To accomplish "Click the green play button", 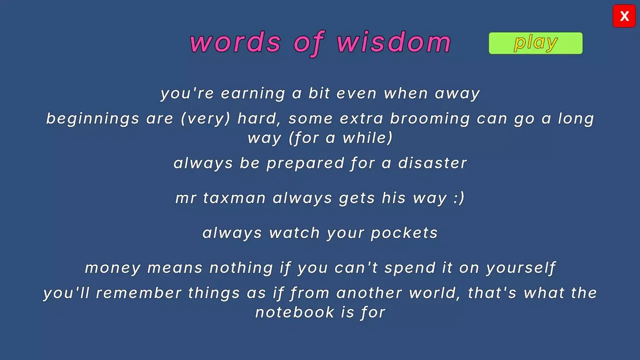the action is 535,43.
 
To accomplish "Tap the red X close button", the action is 624,16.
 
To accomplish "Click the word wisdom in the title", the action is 393,42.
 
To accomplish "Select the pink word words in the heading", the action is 235,42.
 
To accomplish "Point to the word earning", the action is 253,94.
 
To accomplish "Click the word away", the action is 457,94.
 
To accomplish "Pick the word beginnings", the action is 92,119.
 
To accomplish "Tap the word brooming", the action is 429,119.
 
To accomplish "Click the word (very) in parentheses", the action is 205,119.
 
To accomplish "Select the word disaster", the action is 432,163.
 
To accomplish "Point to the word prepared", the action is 305,163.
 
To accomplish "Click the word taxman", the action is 234,198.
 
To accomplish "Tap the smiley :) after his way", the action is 459,198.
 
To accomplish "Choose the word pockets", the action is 404,233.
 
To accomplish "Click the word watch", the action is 294,233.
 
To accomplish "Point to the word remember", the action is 138,293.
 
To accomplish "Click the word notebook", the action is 294,312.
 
